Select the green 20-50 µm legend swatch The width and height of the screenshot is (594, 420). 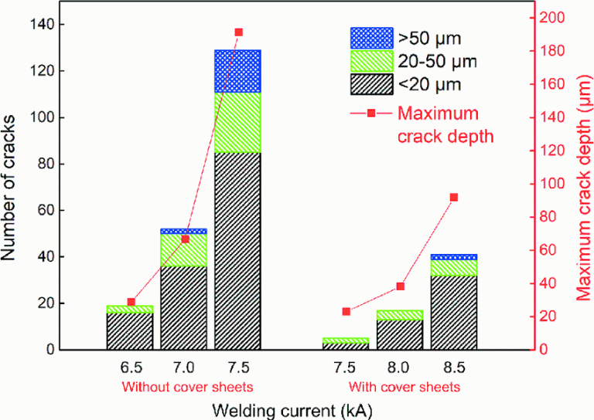[370, 60]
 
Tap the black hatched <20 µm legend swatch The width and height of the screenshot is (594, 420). [370, 83]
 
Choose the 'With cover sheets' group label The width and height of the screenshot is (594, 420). [405, 386]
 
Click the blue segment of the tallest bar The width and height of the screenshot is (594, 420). [238, 71]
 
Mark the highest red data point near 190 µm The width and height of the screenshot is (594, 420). [238, 32]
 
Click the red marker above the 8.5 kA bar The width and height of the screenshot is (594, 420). [454, 198]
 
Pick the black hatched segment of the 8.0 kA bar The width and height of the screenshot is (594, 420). [400, 334]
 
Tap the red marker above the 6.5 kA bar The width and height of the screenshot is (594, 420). [131, 302]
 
